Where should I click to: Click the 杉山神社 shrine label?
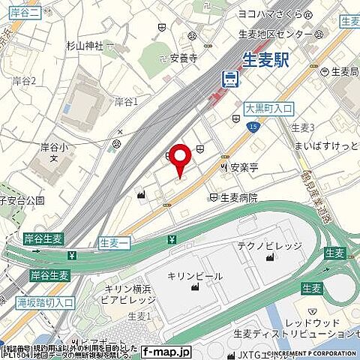(x=83, y=44)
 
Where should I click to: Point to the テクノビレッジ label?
(x=269, y=245)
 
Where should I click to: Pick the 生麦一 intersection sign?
(x=114, y=241)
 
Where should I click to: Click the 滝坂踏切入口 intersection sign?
(x=45, y=302)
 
